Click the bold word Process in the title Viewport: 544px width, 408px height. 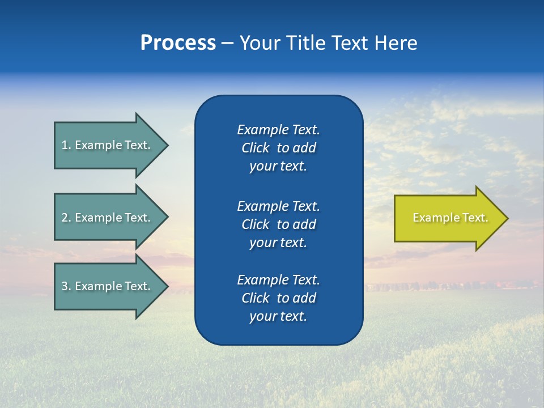click(x=178, y=43)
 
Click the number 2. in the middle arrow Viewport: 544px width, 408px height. click(x=66, y=218)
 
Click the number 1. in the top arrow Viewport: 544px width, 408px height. click(x=66, y=145)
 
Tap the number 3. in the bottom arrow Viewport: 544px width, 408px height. click(x=66, y=286)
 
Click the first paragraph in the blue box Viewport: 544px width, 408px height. click(x=278, y=148)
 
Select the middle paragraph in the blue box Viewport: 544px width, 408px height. click(x=278, y=224)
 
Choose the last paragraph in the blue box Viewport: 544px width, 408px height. click(x=278, y=298)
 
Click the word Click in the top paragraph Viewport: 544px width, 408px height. click(x=255, y=148)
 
